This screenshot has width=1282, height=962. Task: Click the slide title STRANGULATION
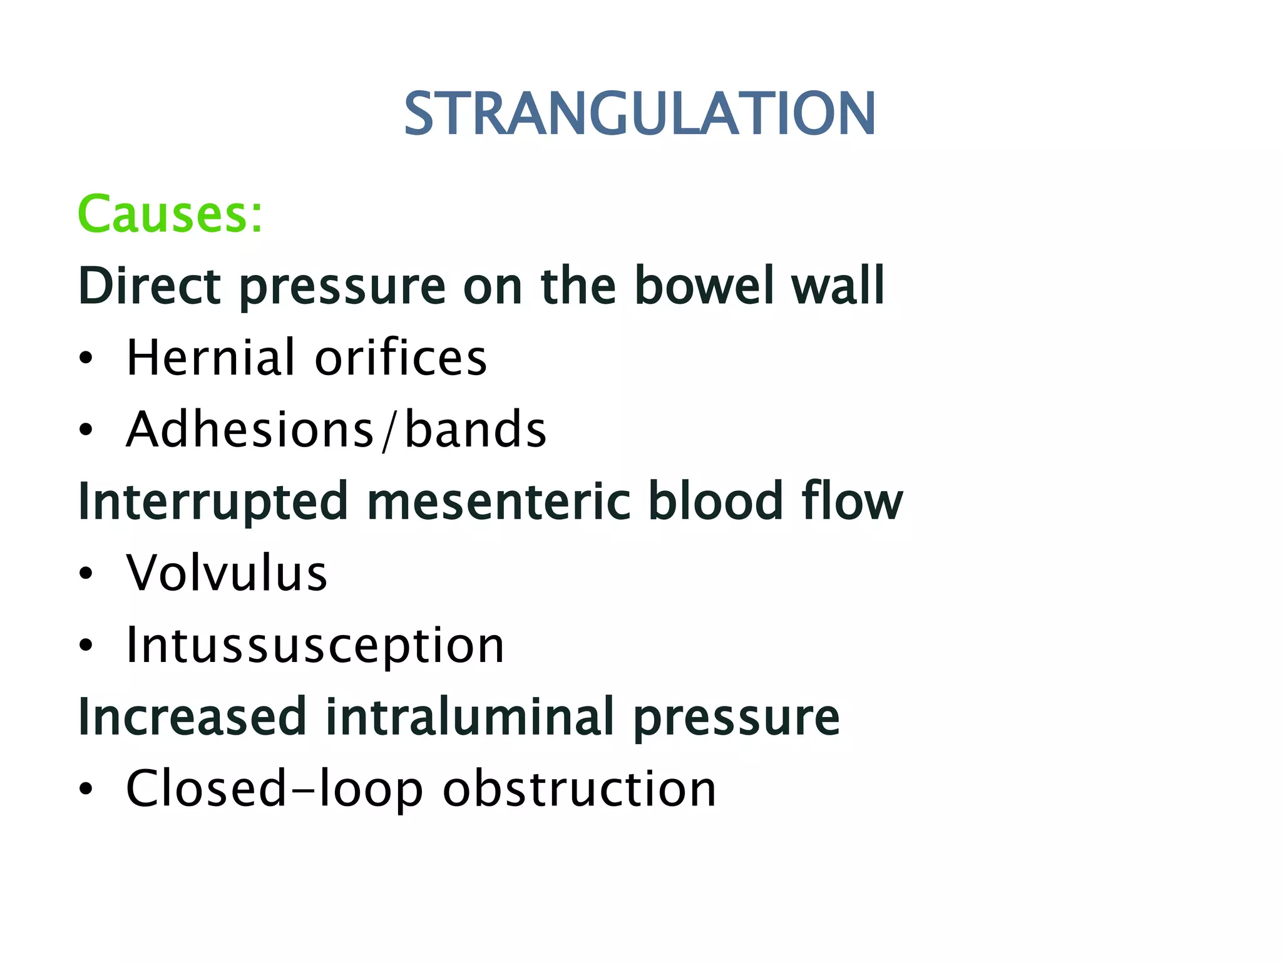coord(639,113)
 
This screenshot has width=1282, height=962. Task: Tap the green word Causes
coord(169,214)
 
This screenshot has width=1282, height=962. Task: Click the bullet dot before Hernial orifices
coord(86,359)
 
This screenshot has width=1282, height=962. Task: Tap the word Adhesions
coord(250,429)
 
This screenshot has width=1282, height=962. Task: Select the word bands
coord(476,429)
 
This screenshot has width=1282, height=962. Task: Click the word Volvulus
coord(227,572)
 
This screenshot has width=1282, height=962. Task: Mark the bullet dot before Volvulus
coord(86,574)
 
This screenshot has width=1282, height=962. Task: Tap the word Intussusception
coord(315,645)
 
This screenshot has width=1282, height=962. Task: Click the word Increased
coord(192,716)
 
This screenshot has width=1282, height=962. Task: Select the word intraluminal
coord(469,716)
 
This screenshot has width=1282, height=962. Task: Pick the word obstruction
coord(579,789)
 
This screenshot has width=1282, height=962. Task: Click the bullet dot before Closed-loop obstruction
coord(86,790)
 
